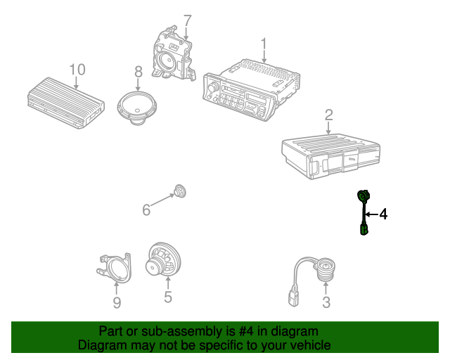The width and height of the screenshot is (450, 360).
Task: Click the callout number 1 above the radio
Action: coord(264,45)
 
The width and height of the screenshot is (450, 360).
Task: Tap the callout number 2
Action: coord(328,115)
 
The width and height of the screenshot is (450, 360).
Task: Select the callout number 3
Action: coord(326,302)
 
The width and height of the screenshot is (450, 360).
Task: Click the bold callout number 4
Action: coord(383,214)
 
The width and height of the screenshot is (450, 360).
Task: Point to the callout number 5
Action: coord(168,296)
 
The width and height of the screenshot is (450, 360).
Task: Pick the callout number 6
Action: coord(146,210)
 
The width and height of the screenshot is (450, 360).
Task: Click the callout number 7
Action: coord(187,21)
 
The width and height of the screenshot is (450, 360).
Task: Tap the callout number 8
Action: coord(139,72)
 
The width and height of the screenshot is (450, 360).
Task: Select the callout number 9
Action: coord(117,302)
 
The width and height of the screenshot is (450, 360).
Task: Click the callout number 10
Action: coord(77,70)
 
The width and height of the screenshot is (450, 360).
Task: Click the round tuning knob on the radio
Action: coord(214,86)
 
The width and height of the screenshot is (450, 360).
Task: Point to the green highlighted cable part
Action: coord(364,212)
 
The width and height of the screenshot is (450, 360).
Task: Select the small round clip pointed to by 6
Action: coord(180,191)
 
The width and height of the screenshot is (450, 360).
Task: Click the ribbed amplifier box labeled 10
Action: coord(66,103)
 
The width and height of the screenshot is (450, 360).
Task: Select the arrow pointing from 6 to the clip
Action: coord(162,200)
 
